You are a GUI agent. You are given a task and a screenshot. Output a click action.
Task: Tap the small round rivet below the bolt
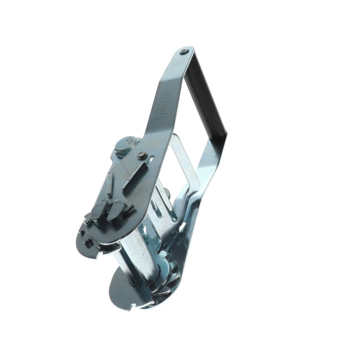(x=141, y=156)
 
